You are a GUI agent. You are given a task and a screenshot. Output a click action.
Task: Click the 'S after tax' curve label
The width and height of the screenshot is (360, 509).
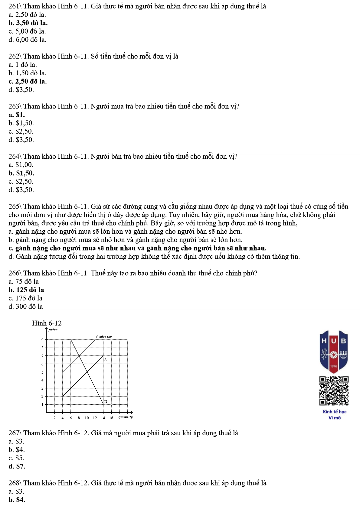tap(104, 337)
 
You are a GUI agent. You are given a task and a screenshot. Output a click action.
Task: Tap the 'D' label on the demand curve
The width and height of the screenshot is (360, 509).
tap(106, 401)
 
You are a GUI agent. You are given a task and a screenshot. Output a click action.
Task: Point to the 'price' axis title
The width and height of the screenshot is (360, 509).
tap(53, 330)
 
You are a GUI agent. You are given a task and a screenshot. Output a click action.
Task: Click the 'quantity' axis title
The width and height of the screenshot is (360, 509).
tap(125, 417)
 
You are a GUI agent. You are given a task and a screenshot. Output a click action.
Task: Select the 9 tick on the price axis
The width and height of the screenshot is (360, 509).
tap(43, 340)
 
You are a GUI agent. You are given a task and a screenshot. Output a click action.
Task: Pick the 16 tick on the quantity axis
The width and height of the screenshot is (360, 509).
tap(111, 418)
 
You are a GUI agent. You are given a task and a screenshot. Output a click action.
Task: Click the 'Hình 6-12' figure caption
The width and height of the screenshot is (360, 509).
tap(47, 323)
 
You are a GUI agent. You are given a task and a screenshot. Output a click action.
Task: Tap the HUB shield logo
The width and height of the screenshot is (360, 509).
tap(334, 350)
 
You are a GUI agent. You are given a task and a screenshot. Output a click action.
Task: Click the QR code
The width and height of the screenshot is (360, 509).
tap(334, 391)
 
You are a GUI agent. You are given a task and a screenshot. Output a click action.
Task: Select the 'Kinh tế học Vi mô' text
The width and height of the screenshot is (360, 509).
tap(335, 414)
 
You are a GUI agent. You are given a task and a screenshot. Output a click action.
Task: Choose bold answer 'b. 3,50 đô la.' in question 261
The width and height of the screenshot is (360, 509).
tap(28, 23)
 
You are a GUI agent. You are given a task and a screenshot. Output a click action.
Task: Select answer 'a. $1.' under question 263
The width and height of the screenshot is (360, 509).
tap(17, 115)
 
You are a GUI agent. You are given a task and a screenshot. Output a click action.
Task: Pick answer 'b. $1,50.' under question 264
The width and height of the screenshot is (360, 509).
tap(21, 173)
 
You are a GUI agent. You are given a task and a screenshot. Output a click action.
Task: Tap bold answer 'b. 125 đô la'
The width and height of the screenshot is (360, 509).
tap(26, 290)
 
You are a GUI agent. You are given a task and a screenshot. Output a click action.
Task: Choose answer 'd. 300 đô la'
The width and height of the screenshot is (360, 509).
tap(26, 306)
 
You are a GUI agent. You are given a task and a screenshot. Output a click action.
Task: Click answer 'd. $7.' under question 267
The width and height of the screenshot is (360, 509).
tap(17, 466)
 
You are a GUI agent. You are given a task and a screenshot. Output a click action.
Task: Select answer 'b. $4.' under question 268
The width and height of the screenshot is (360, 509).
tap(17, 500)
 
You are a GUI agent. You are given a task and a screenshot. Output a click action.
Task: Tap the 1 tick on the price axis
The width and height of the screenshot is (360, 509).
tap(43, 404)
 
